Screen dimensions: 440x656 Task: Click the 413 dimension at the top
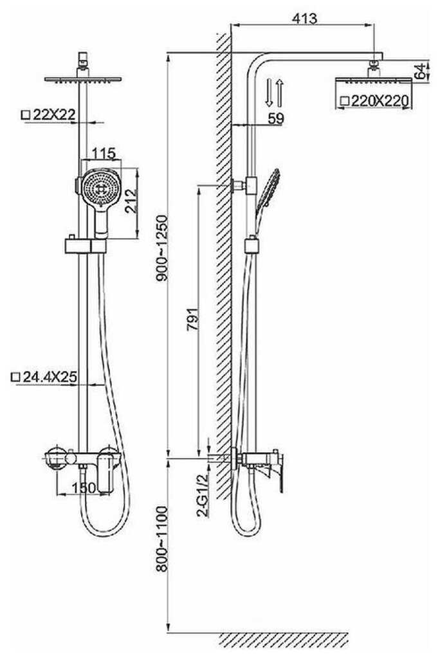[x=304, y=18]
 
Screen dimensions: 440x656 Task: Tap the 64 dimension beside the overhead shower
[x=420, y=71]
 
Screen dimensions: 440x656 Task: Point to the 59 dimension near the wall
[x=276, y=119]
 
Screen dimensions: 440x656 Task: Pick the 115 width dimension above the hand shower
[x=103, y=153]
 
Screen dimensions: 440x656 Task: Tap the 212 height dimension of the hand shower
[x=131, y=201]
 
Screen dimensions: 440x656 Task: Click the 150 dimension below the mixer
[x=84, y=487]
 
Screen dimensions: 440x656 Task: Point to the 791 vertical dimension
[x=192, y=320]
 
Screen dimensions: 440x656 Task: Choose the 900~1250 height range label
[x=161, y=248]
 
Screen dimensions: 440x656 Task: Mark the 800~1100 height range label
[x=161, y=539]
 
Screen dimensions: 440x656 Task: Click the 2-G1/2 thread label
[x=203, y=495]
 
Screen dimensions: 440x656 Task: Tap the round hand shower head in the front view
[x=101, y=188]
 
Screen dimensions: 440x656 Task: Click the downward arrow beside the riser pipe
[x=269, y=92]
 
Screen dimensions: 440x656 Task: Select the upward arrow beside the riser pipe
[x=279, y=92]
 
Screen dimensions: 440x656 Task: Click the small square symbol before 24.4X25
[x=16, y=378]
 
